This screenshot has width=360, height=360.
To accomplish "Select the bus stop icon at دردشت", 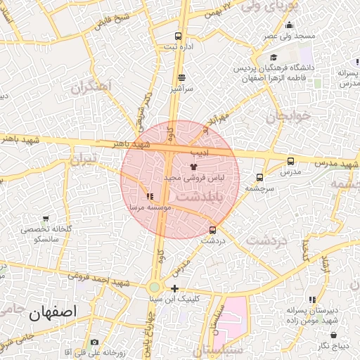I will tap(212, 229).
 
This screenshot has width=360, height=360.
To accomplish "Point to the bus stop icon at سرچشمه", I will tap(260, 178).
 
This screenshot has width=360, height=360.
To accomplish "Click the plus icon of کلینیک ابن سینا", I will tap(174, 289).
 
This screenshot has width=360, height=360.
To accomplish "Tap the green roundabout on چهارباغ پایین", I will tap(154, 287).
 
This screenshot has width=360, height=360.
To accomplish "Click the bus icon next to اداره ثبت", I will tap(179, 36).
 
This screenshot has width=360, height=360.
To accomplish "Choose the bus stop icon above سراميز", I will tap(181, 77).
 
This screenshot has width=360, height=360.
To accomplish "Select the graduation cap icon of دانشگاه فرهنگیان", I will tap(274, 58).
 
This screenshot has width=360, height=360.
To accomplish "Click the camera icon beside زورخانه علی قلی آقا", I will tap(95, 342).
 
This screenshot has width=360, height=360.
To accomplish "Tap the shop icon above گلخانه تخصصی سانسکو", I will tap(46, 219).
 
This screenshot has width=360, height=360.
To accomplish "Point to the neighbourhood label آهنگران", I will tap(92, 87).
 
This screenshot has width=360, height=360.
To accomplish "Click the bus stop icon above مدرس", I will tap(290, 161).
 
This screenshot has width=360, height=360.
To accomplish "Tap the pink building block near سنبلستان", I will tap(232, 316).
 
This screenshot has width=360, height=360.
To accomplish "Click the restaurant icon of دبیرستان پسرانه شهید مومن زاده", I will tap(312, 300).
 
